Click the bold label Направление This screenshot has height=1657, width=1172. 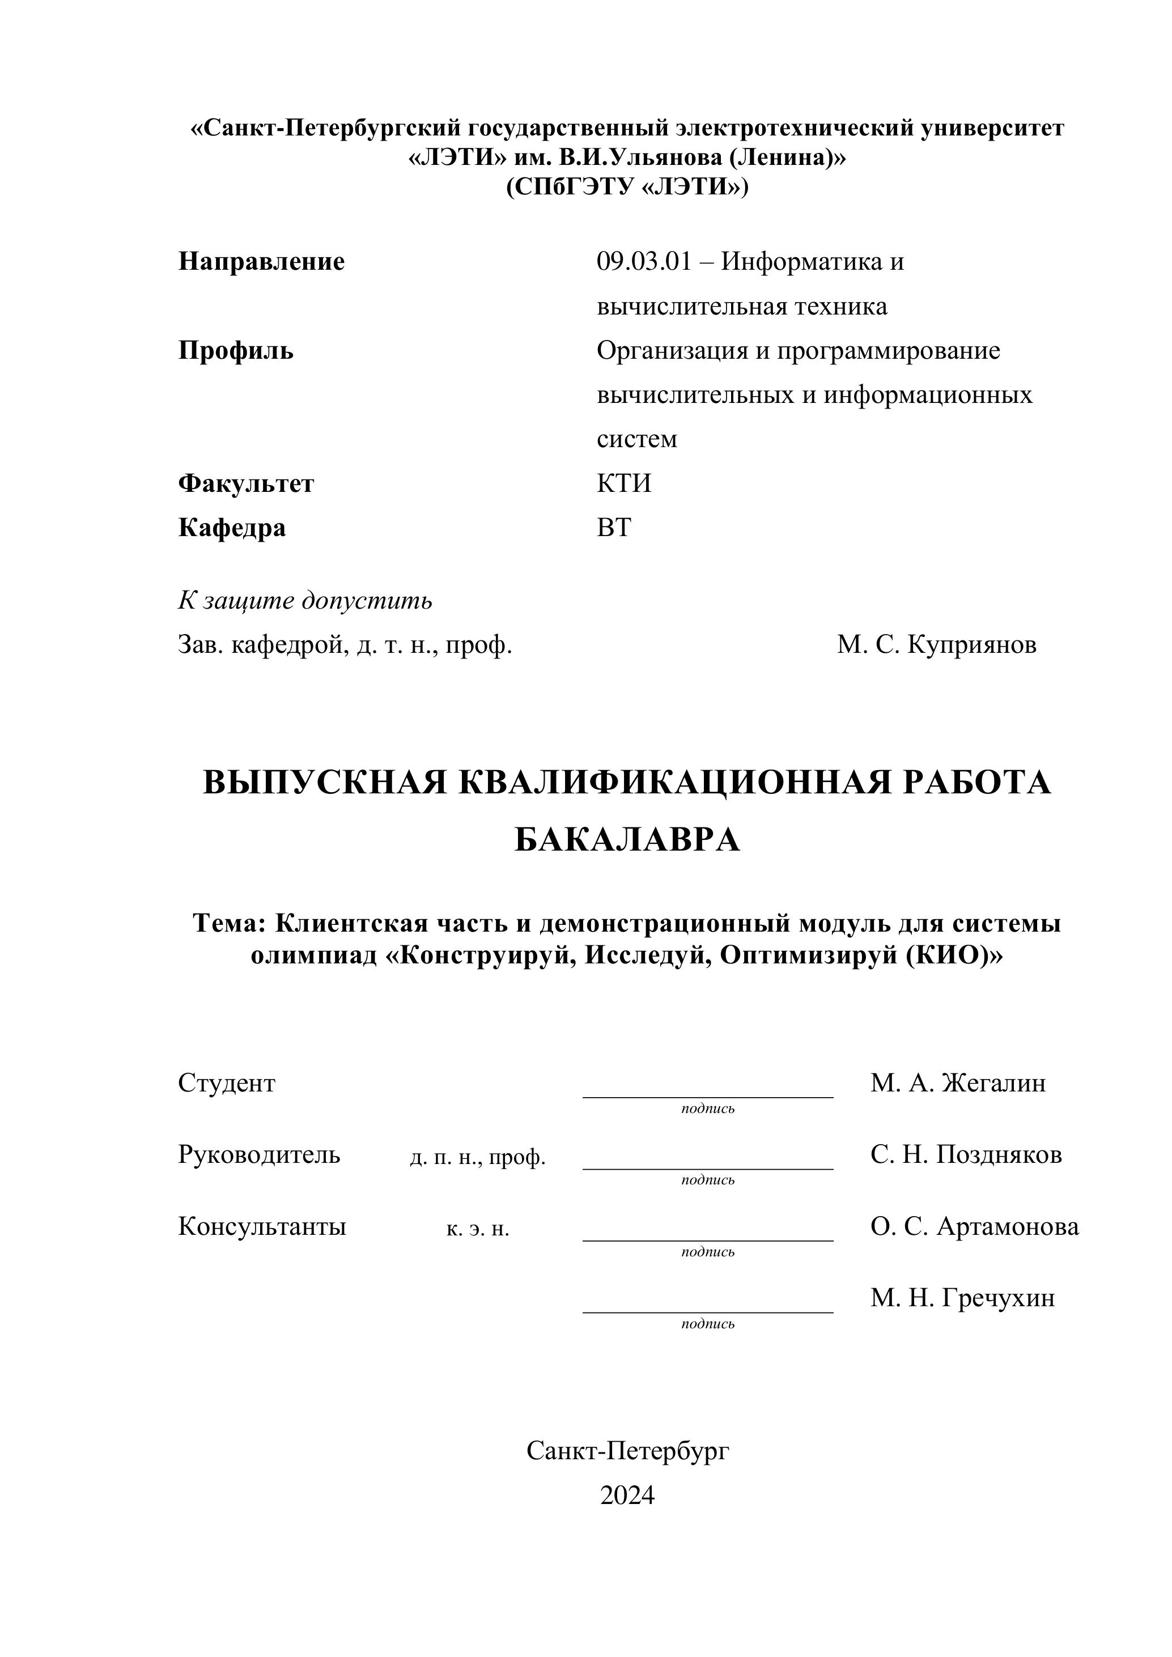tap(261, 261)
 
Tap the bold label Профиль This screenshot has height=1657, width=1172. tap(236, 351)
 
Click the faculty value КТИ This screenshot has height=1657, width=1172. tap(623, 483)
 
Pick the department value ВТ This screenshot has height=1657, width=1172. tap(613, 528)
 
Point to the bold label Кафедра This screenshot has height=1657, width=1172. tap(232, 528)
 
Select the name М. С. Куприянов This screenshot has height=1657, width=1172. tap(936, 644)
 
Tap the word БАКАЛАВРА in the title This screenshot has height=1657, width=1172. tap(626, 839)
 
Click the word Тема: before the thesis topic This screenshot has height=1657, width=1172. tap(230, 924)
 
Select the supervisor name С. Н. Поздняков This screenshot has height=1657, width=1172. tap(966, 1155)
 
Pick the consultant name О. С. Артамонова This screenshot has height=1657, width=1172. tap(974, 1226)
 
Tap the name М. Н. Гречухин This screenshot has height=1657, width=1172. tap(962, 1298)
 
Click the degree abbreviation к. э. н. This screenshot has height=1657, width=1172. tap(478, 1229)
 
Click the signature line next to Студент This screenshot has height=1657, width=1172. tap(707, 1095)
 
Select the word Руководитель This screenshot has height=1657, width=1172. tap(259, 1155)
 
